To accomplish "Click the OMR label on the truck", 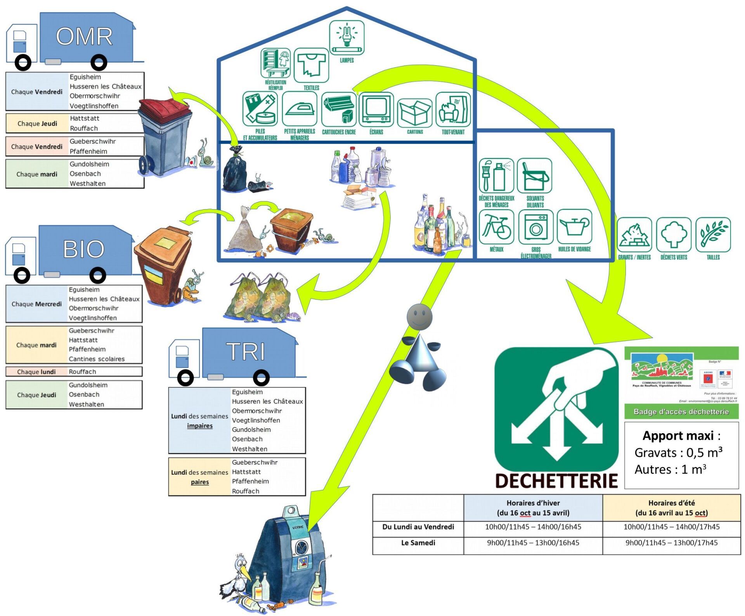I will click(x=84, y=36).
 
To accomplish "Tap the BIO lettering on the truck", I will click(x=84, y=249).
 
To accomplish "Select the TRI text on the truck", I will click(x=246, y=352).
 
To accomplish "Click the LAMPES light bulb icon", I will click(x=347, y=37).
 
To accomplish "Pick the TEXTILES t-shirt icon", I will click(x=311, y=65).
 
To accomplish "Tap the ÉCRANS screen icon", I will click(x=376, y=109).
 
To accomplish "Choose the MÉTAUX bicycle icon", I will click(x=496, y=227).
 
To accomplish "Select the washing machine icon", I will click(x=536, y=227).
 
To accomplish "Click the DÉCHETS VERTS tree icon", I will click(x=674, y=234).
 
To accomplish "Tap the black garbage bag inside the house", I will click(x=235, y=170).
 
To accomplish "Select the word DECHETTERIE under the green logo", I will click(x=556, y=481).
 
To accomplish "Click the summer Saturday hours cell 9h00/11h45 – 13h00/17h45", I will click(x=671, y=543).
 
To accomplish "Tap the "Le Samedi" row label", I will click(x=418, y=543).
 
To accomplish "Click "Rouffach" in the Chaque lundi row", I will click(x=82, y=371).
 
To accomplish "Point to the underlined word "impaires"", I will click(x=200, y=426).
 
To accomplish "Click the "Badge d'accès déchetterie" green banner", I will click(x=681, y=411).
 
